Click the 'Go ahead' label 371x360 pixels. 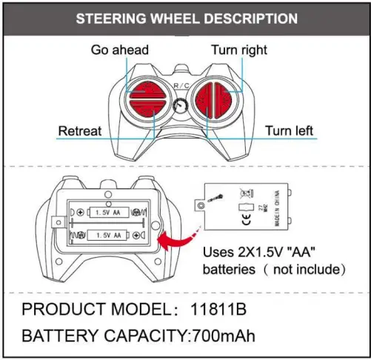click(x=120, y=50)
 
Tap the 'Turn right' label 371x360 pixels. click(x=238, y=50)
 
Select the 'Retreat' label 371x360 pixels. click(x=79, y=131)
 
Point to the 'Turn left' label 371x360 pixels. click(x=289, y=131)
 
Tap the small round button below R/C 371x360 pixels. click(x=180, y=107)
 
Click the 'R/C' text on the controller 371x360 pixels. click(x=181, y=87)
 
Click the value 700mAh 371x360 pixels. click(x=224, y=336)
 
